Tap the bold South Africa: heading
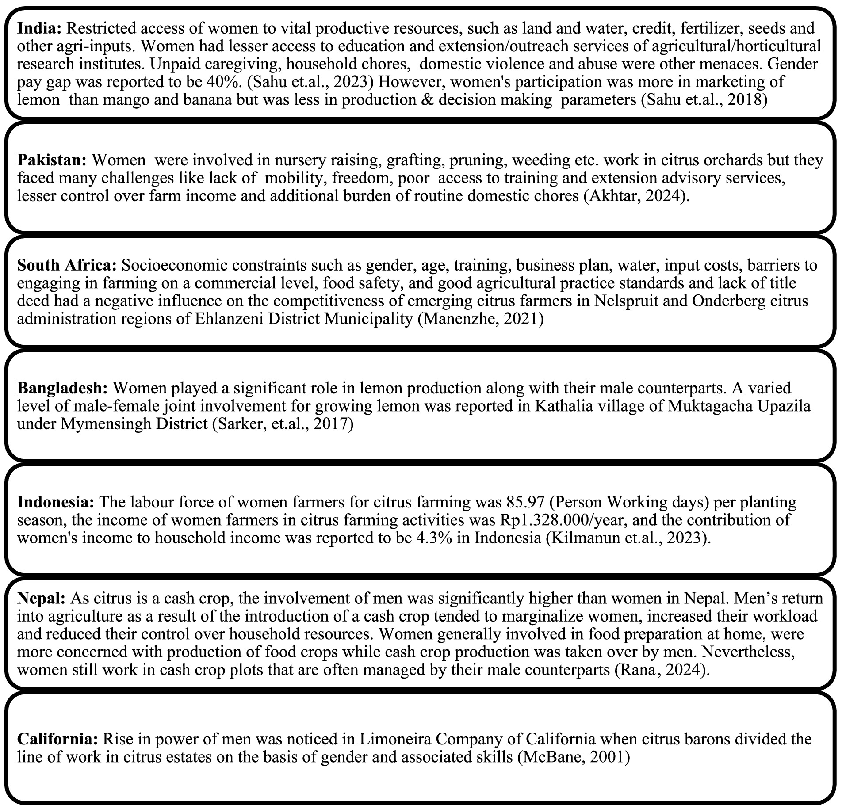pos(66,265)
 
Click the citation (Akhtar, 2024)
pos(636,196)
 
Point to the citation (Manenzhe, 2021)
pos(481,319)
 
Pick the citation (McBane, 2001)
pos(573,757)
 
